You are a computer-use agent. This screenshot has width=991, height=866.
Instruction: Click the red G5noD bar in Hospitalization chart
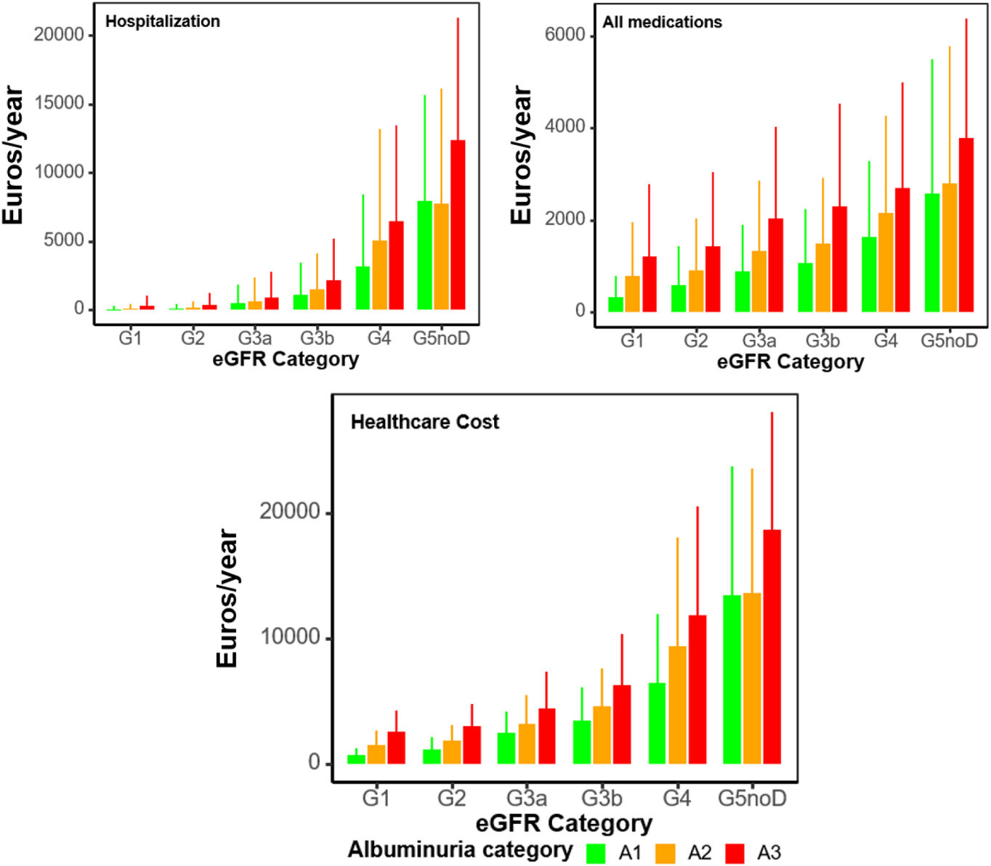click(458, 225)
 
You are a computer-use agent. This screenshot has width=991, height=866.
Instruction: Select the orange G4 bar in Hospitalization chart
click(380, 275)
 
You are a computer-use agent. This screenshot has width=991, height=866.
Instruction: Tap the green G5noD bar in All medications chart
click(932, 253)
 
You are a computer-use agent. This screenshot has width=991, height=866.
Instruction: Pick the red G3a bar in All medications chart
click(775, 265)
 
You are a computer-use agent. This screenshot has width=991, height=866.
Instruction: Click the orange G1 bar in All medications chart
click(632, 294)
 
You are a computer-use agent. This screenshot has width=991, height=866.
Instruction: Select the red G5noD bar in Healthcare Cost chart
click(772, 647)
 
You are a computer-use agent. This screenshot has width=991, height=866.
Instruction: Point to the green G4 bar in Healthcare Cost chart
click(657, 723)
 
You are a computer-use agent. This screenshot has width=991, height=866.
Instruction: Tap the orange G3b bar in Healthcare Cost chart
click(602, 735)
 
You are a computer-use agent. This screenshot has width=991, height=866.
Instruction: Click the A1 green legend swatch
click(596, 853)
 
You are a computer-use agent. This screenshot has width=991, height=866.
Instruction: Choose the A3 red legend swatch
click(735, 853)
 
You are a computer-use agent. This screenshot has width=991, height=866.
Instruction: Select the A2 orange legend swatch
click(666, 853)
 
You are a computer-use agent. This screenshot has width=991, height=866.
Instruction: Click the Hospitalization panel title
click(163, 21)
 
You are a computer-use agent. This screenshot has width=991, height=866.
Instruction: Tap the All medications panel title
click(662, 22)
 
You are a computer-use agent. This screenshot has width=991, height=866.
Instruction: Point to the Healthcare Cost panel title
click(425, 422)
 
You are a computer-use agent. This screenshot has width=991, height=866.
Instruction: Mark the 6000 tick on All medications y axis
click(565, 35)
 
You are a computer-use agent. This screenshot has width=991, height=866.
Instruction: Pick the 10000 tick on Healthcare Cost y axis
click(290, 637)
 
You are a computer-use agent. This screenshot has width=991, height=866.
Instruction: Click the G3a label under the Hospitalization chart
click(254, 338)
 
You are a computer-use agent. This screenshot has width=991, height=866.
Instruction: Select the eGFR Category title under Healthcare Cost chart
click(565, 823)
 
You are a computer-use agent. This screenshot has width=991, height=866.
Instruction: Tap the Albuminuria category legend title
click(460, 849)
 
